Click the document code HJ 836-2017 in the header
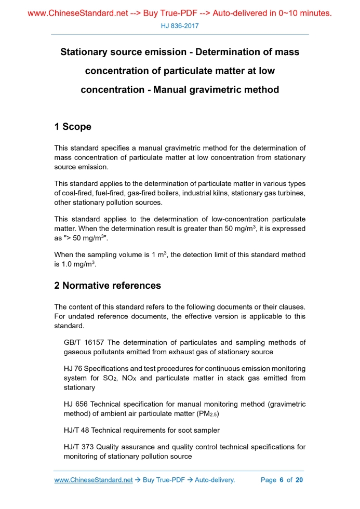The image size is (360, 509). tap(180, 25)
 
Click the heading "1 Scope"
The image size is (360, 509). tap(73, 127)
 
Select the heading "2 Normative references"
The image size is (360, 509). tap(108, 285)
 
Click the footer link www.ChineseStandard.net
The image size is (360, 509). tap(94, 480)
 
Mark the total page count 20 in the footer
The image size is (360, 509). tap(299, 480)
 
